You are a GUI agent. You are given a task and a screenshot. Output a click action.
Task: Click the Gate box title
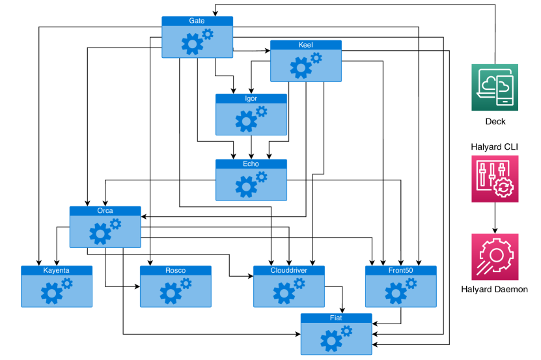point(197,21)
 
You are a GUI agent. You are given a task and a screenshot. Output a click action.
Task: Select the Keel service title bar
point(305,45)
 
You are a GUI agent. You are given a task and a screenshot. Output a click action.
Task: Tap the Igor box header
point(251,98)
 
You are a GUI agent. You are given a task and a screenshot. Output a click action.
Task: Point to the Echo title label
point(251,164)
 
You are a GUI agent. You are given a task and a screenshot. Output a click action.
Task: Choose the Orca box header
point(105,211)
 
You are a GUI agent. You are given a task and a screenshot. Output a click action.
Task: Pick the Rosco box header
point(175,270)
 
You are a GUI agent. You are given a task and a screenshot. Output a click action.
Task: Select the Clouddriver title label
point(288,270)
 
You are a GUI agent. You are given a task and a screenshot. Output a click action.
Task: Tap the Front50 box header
point(400,270)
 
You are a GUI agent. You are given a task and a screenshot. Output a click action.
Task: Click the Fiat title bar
point(336,318)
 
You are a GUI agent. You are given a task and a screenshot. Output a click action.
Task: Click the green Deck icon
point(495,87)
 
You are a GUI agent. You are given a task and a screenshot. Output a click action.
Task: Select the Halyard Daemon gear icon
point(495,256)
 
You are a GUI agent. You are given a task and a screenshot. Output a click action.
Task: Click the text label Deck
point(495,122)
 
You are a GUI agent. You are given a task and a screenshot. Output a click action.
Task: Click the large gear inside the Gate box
point(191,44)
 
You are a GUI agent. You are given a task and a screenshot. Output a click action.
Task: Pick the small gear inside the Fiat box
point(346,331)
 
